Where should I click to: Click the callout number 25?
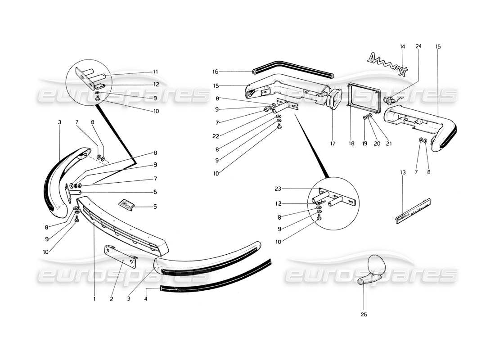(364, 315)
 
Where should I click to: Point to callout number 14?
(402, 46)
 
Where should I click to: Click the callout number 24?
(418, 46)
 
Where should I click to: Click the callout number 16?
(215, 71)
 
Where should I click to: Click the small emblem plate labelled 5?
(128, 205)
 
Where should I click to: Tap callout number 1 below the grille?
(94, 298)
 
